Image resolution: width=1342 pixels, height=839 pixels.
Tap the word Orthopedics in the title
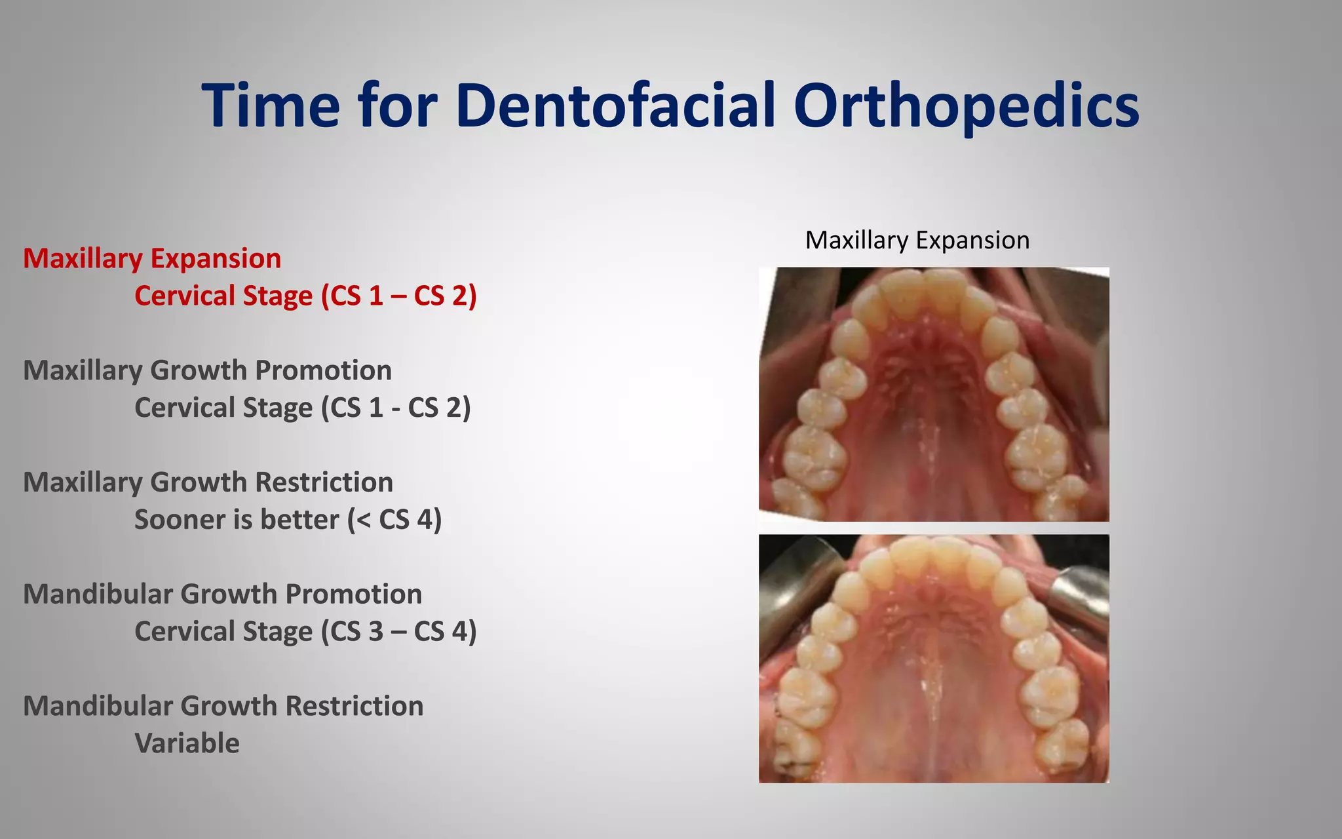pos(966,105)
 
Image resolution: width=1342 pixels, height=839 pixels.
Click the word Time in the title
pos(271,105)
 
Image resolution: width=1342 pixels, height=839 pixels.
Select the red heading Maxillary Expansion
pos(152,258)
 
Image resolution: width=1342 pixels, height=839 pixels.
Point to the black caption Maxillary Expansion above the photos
pos(917,240)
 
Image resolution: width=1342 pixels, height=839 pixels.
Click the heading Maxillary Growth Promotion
pos(207,370)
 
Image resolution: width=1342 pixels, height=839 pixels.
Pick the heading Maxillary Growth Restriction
pos(208,482)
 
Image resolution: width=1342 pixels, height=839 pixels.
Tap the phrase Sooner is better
pos(236,520)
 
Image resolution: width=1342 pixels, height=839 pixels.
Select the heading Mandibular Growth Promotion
pos(222,594)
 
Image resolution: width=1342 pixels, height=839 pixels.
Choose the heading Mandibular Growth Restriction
pos(223,706)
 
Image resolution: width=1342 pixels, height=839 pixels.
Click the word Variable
pos(187,743)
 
